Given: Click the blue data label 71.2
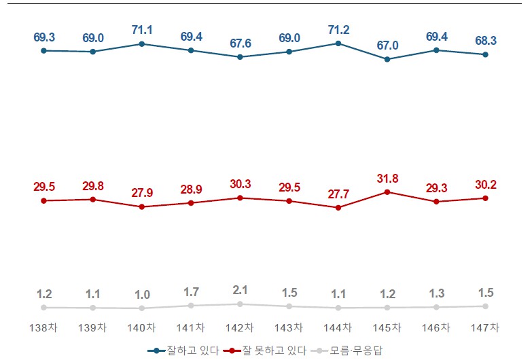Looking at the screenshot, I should tap(338, 29).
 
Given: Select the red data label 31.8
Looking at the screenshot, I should tap(387, 179).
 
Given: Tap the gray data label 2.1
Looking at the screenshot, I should tap(240, 290).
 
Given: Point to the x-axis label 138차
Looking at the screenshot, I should tap(43, 327).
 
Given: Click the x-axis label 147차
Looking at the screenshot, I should tap(485, 327).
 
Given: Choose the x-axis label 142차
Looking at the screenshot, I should tap(240, 327).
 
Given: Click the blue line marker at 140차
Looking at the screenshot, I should tap(142, 43).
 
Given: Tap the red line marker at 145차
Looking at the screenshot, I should tap(387, 192).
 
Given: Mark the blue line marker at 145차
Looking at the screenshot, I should tap(387, 59).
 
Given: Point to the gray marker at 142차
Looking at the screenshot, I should tap(240, 304).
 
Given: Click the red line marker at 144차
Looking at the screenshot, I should tap(338, 207).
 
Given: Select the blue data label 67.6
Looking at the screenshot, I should tap(240, 43).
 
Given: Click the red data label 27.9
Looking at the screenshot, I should tap(142, 193).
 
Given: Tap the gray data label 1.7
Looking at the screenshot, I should tap(191, 292).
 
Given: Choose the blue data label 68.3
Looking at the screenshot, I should tap(485, 41).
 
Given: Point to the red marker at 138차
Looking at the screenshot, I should tap(43, 201).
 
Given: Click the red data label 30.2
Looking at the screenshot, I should tap(485, 185).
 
